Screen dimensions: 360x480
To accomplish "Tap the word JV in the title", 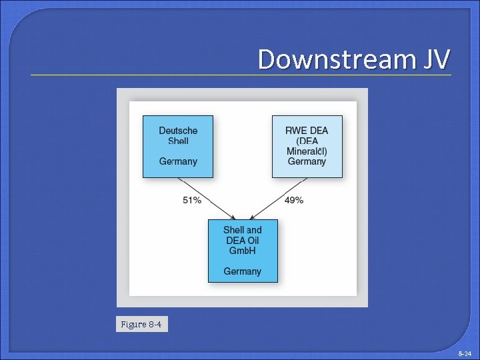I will [x=435, y=59].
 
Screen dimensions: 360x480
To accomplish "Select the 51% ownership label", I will [x=192, y=200].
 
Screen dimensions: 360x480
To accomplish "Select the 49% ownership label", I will [x=294, y=200].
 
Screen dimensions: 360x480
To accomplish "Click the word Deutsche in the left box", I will [x=178, y=131].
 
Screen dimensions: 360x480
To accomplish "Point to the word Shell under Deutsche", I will [x=178, y=141].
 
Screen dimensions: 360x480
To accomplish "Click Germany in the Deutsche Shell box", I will [x=178, y=161].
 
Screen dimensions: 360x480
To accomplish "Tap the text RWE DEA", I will [x=307, y=131].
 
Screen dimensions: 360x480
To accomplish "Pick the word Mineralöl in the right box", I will [x=307, y=151].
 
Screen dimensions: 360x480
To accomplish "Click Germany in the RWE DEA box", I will [x=307, y=161].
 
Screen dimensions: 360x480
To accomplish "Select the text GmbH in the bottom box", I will [x=243, y=251].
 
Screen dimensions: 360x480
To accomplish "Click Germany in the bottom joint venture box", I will [x=243, y=271].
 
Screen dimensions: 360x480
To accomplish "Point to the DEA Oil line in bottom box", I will [x=243, y=241].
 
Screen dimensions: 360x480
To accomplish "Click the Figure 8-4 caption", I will [x=141, y=325].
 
